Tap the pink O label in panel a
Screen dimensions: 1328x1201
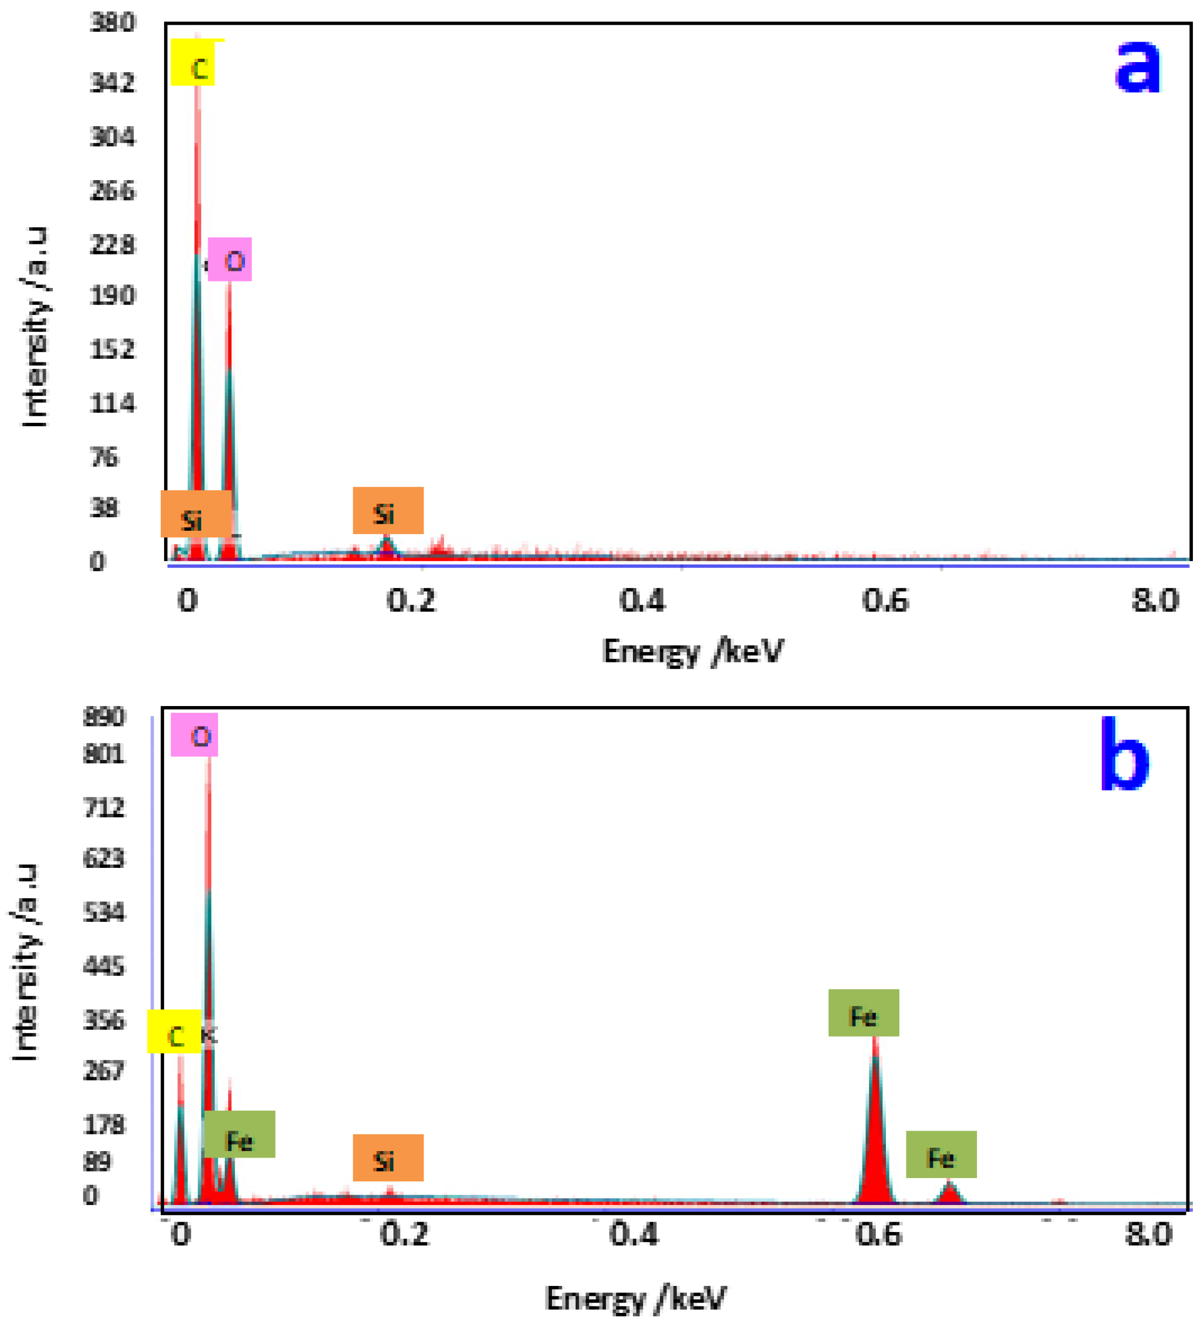(x=230, y=259)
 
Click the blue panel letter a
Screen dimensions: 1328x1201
(x=1137, y=66)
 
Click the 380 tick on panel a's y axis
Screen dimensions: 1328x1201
(x=112, y=23)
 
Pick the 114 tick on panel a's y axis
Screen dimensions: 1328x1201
(x=112, y=403)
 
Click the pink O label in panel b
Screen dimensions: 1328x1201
(x=194, y=735)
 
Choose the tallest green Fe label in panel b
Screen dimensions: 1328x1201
(x=863, y=1013)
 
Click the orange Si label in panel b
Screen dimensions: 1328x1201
(x=388, y=1158)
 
